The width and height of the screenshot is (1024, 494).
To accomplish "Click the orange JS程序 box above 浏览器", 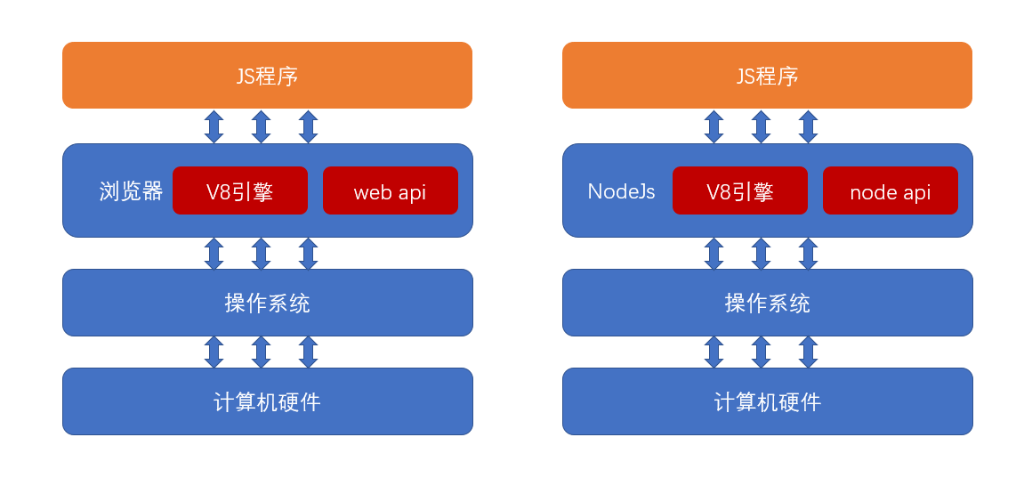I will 267,76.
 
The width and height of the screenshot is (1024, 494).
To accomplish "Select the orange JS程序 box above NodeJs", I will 767,76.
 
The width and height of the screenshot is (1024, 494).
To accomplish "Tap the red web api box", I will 390,191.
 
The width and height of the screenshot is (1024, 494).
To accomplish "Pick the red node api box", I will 890,191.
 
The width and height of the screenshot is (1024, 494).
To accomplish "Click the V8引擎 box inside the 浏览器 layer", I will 240,191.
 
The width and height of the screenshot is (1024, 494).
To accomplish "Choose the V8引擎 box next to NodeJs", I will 740,191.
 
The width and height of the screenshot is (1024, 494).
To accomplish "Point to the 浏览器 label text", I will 131,191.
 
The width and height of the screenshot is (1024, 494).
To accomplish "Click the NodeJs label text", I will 621,191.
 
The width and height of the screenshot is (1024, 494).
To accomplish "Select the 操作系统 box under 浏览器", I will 267,303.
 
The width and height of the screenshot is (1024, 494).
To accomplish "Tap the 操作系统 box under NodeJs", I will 767,303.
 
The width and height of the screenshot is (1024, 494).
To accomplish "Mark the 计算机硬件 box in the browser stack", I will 267,401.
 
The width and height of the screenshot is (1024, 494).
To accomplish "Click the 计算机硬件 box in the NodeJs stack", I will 767,401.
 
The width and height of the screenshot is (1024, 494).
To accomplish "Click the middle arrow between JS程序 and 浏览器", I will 261,126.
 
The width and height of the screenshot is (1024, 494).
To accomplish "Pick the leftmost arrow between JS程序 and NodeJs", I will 714,126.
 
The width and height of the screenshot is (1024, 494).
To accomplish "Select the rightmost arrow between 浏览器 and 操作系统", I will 308,254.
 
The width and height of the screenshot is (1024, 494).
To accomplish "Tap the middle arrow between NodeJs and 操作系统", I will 761,254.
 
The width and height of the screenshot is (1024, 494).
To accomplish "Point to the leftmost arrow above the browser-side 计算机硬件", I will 214,352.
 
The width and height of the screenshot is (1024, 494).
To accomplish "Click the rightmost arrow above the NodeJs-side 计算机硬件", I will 808,352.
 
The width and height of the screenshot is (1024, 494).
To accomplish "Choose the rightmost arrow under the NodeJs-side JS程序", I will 808,126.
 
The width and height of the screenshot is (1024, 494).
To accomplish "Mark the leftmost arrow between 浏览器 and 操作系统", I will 214,254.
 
